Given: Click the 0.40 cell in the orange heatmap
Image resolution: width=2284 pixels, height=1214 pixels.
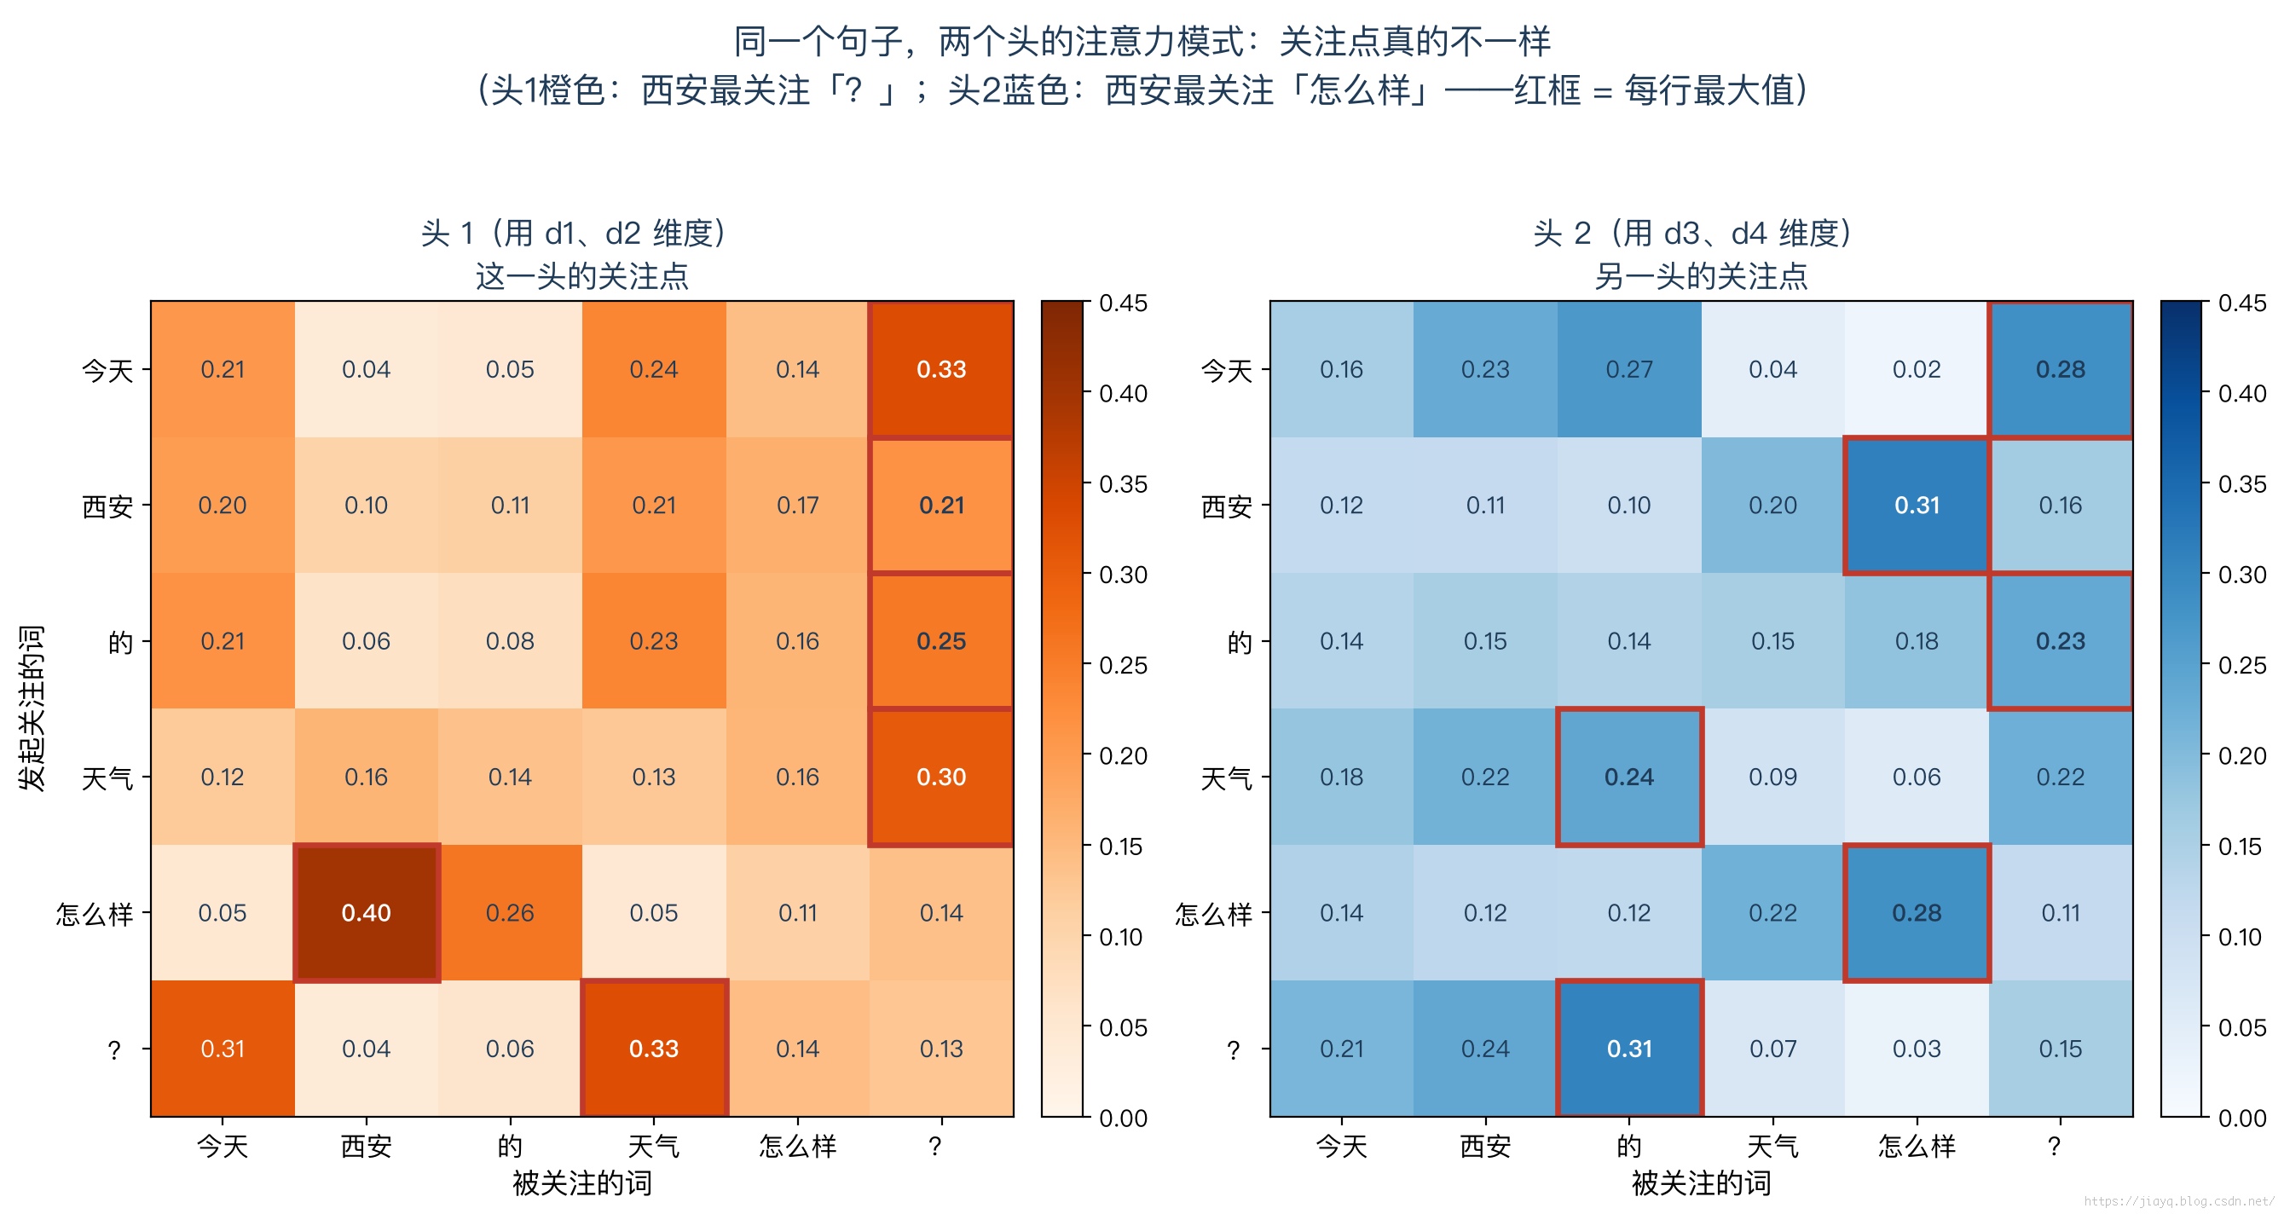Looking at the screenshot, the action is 367,912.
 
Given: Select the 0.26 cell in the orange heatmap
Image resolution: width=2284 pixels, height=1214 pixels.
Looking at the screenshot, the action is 510,912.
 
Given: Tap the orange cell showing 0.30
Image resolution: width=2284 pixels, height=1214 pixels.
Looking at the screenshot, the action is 941,777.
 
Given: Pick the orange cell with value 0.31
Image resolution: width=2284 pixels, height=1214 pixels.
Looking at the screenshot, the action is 223,1048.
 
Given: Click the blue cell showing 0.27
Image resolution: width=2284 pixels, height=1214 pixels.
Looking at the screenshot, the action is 1628,369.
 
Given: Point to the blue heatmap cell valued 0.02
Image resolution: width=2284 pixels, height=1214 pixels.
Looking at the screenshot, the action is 1917,369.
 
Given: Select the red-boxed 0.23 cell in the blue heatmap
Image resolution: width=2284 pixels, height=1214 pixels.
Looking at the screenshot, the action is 2061,641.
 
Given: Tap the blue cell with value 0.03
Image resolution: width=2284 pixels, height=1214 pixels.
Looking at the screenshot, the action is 1917,1048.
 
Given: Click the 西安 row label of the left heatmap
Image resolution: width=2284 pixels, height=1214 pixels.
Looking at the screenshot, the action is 107,506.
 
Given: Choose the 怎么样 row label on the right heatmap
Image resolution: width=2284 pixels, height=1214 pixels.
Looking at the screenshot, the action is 1213,913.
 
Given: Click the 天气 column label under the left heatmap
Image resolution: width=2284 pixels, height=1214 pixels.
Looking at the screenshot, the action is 653,1146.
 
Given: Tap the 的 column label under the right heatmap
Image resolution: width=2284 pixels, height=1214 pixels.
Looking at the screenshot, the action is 1628,1146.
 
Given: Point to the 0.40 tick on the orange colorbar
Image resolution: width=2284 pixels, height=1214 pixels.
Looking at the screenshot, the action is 1124,393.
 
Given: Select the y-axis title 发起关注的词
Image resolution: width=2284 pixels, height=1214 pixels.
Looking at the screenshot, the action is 31,708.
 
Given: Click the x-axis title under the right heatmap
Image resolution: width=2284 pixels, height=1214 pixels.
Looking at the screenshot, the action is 1701,1183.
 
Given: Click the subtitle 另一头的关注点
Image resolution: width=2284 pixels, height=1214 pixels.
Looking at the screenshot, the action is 1701,275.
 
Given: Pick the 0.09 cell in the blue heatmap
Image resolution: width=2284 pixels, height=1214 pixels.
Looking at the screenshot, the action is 1773,777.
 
